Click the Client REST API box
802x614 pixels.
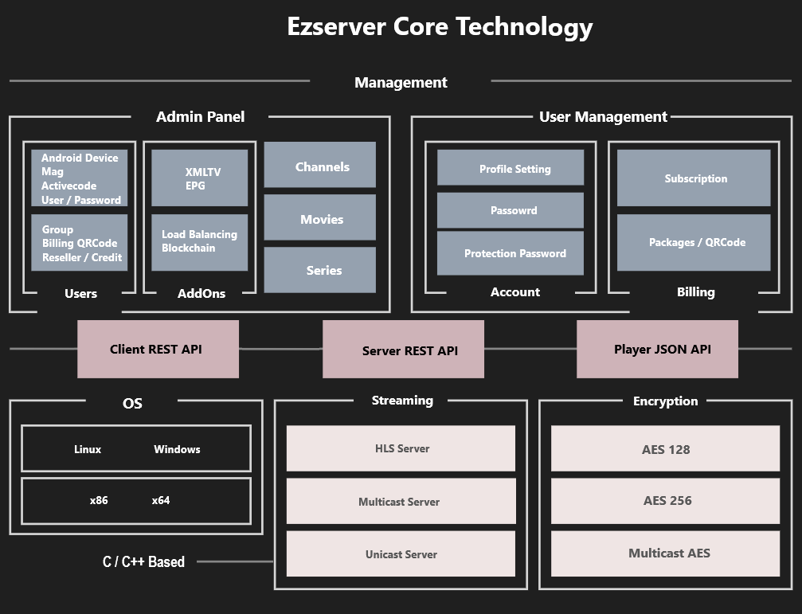pyautogui.click(x=158, y=349)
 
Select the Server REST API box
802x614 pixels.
pyautogui.click(x=403, y=350)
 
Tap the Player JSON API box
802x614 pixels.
pyautogui.click(x=657, y=349)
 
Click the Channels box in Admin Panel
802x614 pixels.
pyautogui.click(x=319, y=166)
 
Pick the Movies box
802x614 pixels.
pyautogui.click(x=319, y=218)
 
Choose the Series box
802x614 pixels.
pyautogui.click(x=319, y=270)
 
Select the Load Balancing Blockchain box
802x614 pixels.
pyautogui.click(x=200, y=241)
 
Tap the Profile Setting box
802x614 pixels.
pyautogui.click(x=511, y=168)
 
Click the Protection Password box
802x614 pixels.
pyautogui.click(x=511, y=253)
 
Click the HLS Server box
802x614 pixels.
pyautogui.click(x=401, y=448)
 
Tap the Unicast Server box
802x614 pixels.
pyautogui.click(x=401, y=554)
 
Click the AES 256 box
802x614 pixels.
pyautogui.click(x=666, y=501)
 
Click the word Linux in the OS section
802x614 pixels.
pyautogui.click(x=88, y=449)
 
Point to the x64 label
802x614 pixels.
pyautogui.click(x=161, y=501)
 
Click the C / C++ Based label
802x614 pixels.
pyautogui.click(x=143, y=561)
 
